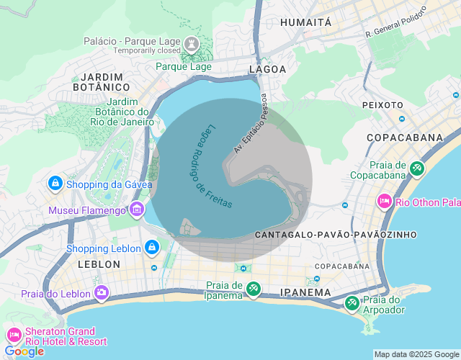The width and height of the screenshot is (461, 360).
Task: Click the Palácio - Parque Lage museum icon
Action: coord(192,42)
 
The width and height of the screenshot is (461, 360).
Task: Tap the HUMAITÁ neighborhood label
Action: coord(306,22)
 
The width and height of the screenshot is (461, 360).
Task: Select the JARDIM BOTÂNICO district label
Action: coord(102,81)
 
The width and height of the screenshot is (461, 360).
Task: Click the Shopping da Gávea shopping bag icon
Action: coord(55,184)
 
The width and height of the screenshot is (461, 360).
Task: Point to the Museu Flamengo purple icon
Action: coord(136,210)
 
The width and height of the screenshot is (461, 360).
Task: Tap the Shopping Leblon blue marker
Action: coord(151,248)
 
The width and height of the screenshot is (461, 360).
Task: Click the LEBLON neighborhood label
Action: coord(99,264)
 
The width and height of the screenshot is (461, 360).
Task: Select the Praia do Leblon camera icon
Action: coord(102,293)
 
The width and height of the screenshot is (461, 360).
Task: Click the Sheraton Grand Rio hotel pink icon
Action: coord(14,336)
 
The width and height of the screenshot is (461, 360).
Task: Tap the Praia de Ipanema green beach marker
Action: coord(253,289)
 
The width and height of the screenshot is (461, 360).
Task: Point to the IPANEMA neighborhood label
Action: coord(306,293)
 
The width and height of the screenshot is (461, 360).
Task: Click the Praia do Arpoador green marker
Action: coord(352,304)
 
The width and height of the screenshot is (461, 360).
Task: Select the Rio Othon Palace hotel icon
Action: coord(385,201)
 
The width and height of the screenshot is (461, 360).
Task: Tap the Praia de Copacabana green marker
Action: coord(417,168)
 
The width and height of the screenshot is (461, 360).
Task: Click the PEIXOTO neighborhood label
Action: coord(382,105)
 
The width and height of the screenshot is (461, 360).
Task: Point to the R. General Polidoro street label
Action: coord(396,22)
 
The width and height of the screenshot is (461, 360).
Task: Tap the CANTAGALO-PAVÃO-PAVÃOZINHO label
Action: coord(336,235)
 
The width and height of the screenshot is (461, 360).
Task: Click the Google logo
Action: coord(24,351)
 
